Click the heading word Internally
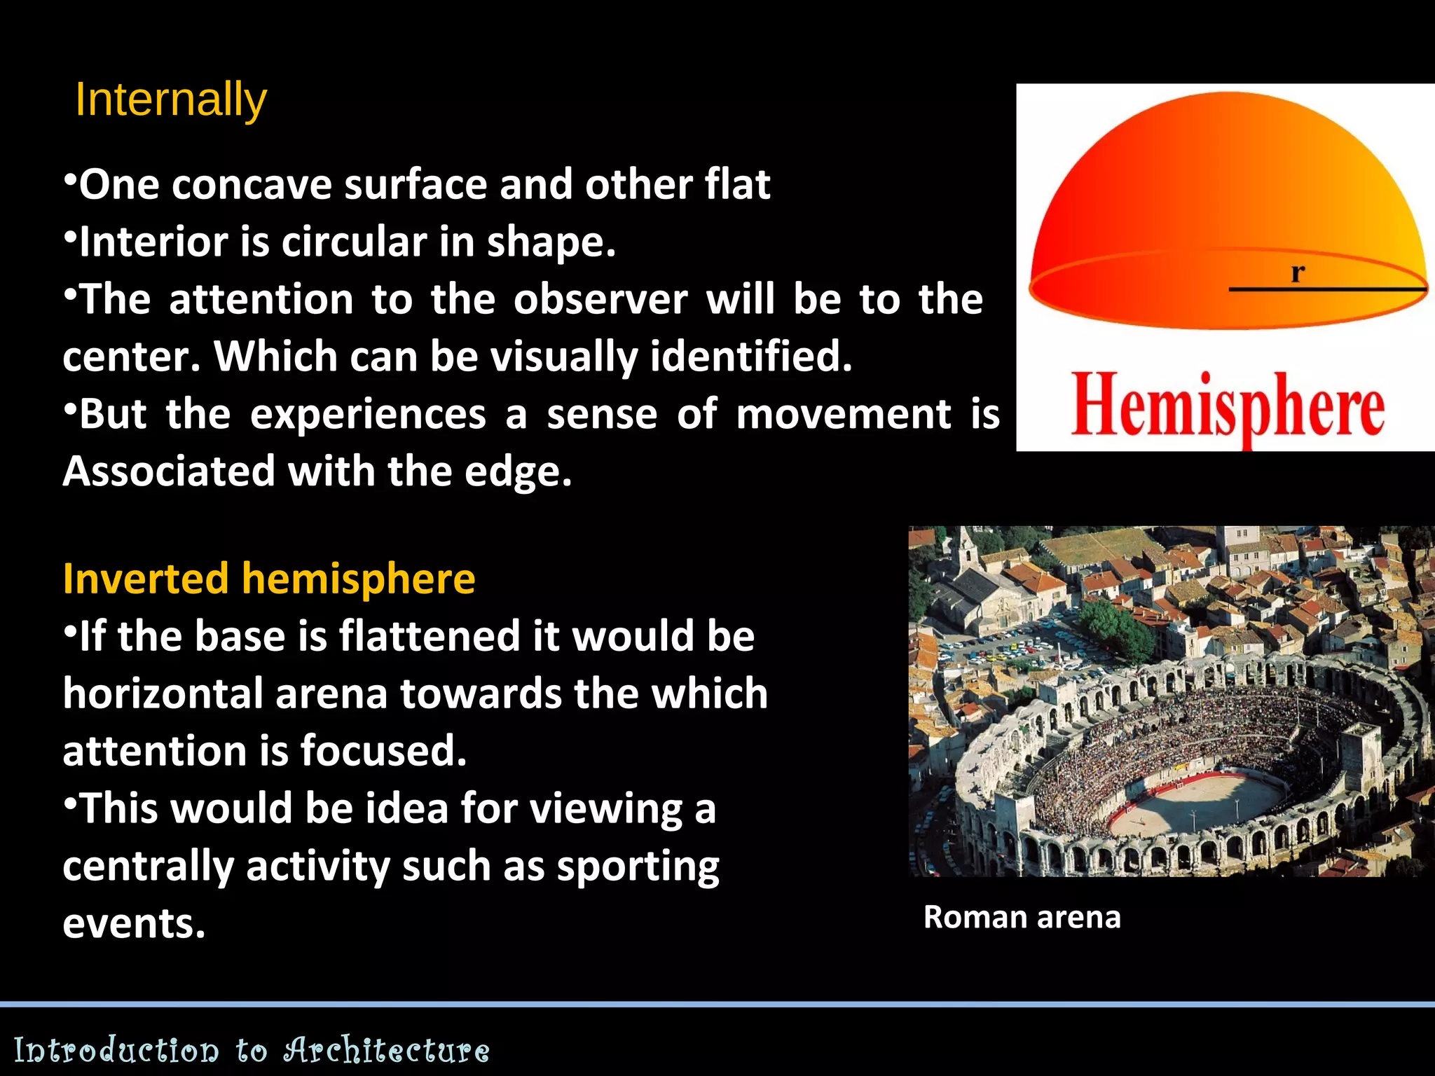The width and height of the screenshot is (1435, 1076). [x=171, y=99]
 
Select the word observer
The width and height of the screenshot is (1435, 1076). [x=600, y=300]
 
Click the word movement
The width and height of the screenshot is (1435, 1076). [x=843, y=415]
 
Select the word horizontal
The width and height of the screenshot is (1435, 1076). [x=163, y=694]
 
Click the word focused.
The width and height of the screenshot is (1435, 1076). [x=383, y=752]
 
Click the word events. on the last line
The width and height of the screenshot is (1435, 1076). [x=134, y=924]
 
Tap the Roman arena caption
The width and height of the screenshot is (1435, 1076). [x=1022, y=917]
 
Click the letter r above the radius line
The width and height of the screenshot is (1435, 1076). [x=1297, y=272]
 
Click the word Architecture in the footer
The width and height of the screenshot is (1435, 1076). [x=386, y=1050]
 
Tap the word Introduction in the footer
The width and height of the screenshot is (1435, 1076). [x=116, y=1050]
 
